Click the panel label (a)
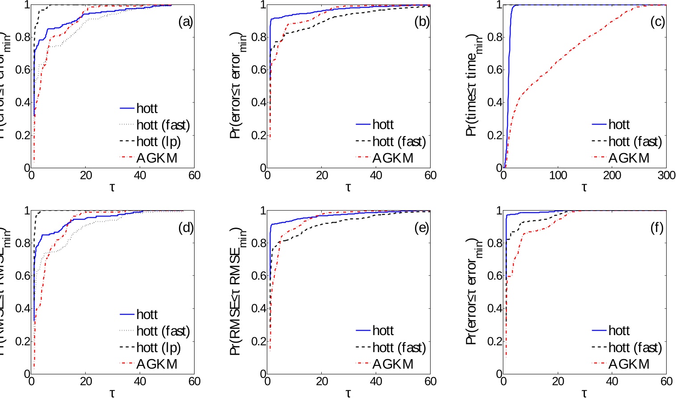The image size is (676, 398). [185, 22]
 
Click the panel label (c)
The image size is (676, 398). [657, 22]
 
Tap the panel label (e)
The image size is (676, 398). [421, 228]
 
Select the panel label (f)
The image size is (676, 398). [657, 228]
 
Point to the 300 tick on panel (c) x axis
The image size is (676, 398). [666, 175]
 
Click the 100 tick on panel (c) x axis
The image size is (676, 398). [558, 175]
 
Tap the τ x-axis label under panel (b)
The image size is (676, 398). [348, 187]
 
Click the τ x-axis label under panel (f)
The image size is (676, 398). [584, 393]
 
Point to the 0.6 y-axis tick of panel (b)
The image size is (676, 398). [259, 70]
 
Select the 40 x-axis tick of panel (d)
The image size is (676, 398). [140, 381]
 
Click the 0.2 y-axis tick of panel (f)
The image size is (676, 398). [495, 341]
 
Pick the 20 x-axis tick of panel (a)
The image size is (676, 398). [86, 175]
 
